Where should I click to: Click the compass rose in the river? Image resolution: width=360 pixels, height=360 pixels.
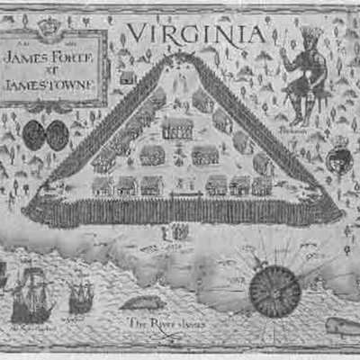274,290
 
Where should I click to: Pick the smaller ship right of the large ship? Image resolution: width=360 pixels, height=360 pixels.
81,294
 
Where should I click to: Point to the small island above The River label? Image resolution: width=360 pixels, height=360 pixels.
144,304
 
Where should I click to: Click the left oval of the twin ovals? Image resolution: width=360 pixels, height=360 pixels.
35,135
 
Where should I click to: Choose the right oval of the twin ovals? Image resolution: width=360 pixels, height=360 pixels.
58,135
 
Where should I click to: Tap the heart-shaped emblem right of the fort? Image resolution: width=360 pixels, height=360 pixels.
338,160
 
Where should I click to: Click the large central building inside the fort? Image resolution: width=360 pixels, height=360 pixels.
177,128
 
